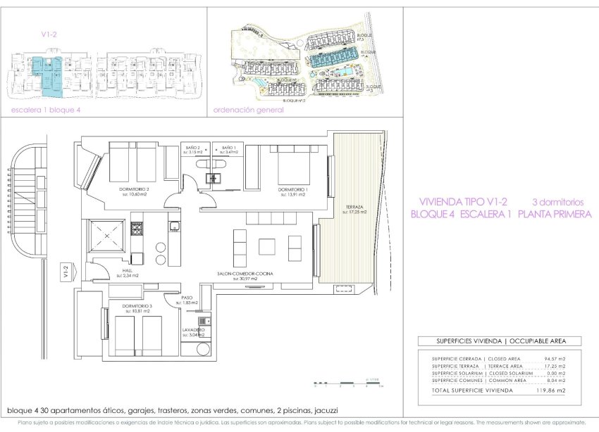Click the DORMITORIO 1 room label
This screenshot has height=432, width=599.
pyautogui.click(x=291, y=190)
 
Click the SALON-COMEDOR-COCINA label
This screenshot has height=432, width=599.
pyautogui.click(x=245, y=273)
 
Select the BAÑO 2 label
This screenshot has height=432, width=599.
pyautogui.click(x=193, y=148)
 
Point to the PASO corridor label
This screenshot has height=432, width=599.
pyautogui.click(x=187, y=298)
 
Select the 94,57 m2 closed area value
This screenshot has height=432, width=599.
pyautogui.click(x=553, y=359)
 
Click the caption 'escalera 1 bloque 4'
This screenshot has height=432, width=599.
pyautogui.click(x=42, y=110)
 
